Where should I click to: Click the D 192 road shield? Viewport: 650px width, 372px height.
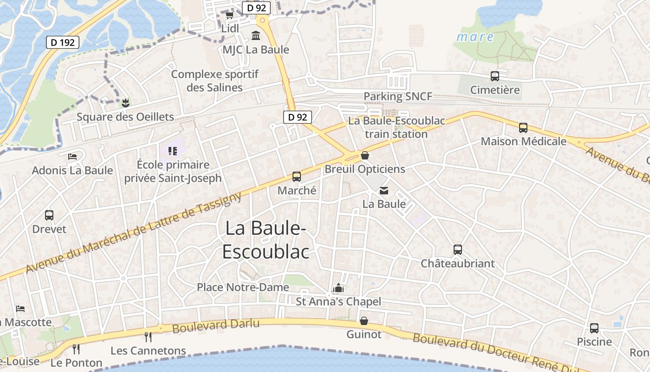click(63, 42)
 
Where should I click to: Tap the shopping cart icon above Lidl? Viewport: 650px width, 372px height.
click(229, 15)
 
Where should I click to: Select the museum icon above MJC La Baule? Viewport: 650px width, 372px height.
click(255, 36)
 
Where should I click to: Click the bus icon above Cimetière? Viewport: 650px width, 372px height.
click(495, 76)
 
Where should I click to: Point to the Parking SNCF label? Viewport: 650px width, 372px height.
click(398, 96)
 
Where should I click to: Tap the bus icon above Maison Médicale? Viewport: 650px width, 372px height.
click(523, 127)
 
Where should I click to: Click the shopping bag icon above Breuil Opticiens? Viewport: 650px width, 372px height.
click(365, 155)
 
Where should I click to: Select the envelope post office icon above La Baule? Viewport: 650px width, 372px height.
click(384, 190)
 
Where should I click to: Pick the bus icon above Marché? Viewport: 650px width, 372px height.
click(297, 177)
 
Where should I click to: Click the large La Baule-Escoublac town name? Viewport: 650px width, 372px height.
click(266, 240)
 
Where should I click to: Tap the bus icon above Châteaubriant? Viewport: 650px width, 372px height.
click(458, 250)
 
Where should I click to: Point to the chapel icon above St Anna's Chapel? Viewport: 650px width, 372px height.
click(338, 288)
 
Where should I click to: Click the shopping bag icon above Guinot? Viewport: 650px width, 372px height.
click(364, 321)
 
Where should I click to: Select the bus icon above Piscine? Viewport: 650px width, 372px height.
click(594, 328)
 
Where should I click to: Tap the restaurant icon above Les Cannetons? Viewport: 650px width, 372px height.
click(148, 337)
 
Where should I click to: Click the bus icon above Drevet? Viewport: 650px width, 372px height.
click(49, 215)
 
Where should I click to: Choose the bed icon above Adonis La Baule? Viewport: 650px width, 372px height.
click(72, 156)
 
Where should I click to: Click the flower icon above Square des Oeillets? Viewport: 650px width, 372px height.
click(125, 102)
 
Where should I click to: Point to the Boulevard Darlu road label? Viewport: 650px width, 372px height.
click(215, 325)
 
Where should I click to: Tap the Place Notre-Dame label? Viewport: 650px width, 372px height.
click(243, 287)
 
